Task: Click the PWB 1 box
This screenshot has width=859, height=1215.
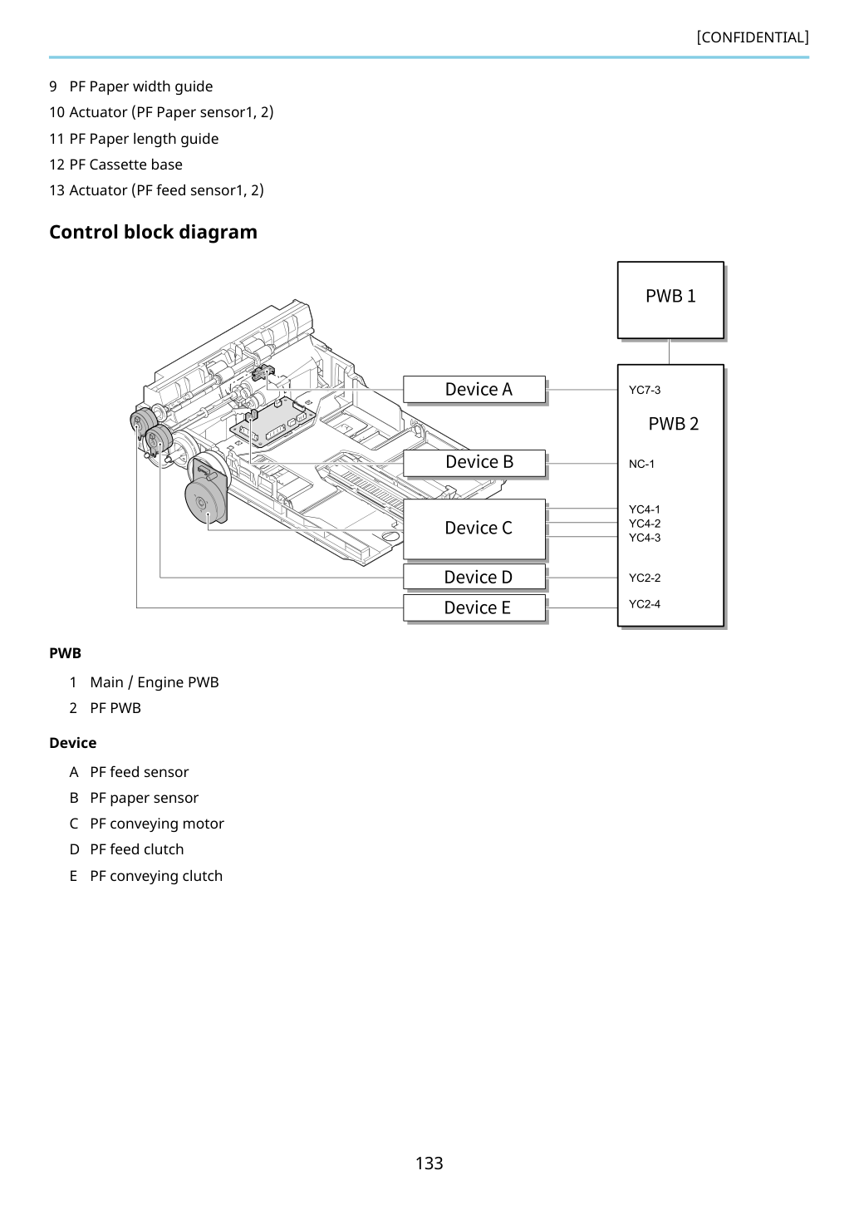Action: click(670, 300)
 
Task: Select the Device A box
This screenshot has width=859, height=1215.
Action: click(474, 390)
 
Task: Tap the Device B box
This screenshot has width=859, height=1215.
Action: click(474, 463)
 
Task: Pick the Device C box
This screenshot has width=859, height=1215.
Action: click(474, 529)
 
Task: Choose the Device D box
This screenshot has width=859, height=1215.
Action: click(474, 577)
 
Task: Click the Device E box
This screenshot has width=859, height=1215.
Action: click(474, 607)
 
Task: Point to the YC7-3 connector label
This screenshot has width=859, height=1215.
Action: click(645, 390)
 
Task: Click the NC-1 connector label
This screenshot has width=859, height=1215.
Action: click(641, 464)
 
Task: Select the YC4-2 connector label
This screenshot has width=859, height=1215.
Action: click(645, 524)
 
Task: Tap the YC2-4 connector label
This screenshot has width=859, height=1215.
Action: click(645, 603)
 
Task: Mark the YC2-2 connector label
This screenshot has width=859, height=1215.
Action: click(645, 578)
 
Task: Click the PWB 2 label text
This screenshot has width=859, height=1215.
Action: click(674, 424)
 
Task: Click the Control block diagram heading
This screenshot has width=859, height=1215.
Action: click(153, 232)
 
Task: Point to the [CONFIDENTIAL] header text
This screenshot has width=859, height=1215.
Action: click(753, 37)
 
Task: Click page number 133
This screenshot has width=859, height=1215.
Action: click(429, 1163)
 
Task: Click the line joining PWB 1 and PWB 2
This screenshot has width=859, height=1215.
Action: click(669, 352)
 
